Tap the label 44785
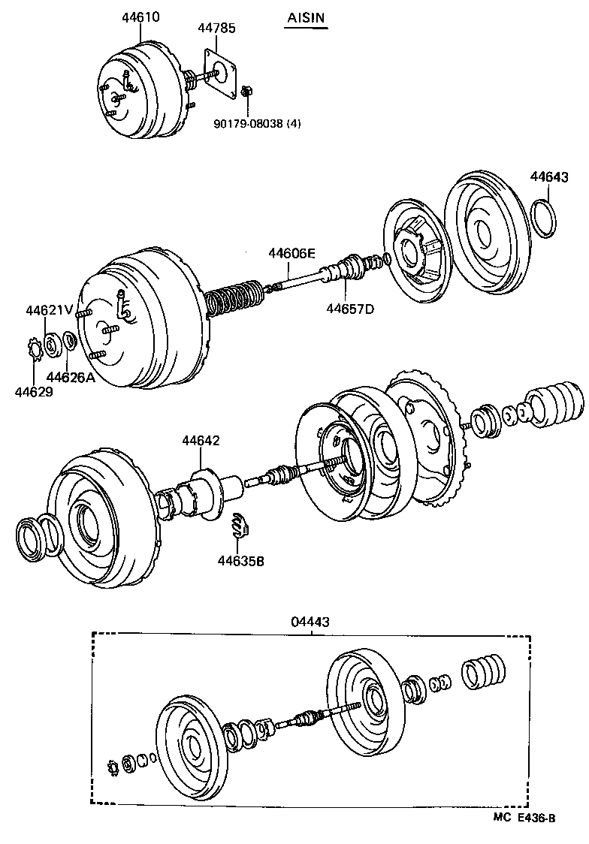(216, 29)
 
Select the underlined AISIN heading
(307, 17)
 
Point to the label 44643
(549, 177)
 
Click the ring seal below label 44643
(545, 218)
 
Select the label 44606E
(292, 254)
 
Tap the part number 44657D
(349, 308)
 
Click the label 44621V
(49, 310)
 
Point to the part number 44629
(35, 391)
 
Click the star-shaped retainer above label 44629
(35, 350)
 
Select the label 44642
(201, 440)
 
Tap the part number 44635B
(241, 560)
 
